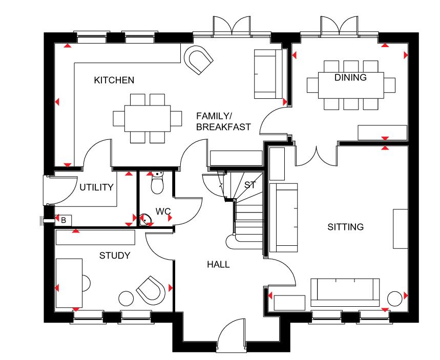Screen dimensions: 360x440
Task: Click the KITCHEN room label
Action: [114, 80]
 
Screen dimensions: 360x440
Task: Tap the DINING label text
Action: [350, 78]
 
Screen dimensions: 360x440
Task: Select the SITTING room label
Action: [345, 226]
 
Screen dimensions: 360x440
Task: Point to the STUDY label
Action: [115, 255]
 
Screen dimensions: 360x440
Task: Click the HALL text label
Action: [218, 265]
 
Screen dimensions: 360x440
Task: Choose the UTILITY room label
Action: [96, 187]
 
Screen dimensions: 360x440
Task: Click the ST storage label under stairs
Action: [249, 185]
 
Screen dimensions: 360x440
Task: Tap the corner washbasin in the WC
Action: [147, 220]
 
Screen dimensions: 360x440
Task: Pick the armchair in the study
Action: [152, 290]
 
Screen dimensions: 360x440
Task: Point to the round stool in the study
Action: [125, 298]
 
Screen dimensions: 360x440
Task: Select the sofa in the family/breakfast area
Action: [268, 74]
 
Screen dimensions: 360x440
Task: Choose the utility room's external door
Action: [51, 189]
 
